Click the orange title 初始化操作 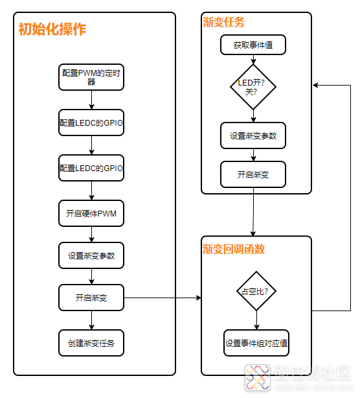coord(52,29)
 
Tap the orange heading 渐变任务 coord(223,22)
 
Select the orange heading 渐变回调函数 coord(234,249)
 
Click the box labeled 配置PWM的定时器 coord(91,77)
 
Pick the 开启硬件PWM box coord(91,213)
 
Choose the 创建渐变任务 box coord(91,343)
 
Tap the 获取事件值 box coord(253,45)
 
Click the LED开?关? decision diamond coord(253,87)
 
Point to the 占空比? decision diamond coord(256,291)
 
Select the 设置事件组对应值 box coord(256,343)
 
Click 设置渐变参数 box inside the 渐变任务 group coord(253,135)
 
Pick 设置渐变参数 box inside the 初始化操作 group coord(91,255)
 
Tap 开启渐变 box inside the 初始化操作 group coord(91,298)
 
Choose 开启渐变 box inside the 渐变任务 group coord(253,174)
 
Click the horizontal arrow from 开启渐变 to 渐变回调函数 coord(163,298)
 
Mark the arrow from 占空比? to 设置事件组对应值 coord(256,320)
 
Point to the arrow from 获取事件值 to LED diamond coord(253,60)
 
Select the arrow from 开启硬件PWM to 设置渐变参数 coord(91,234)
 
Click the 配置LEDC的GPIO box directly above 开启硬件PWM coord(91,168)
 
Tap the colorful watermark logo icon coord(258,377)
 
